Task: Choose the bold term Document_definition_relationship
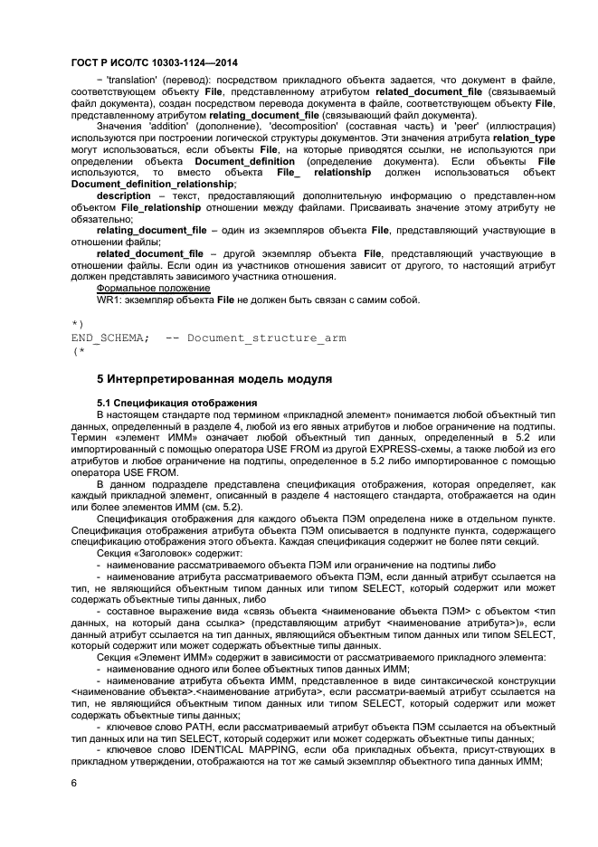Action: [x=151, y=184]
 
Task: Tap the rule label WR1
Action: [x=109, y=300]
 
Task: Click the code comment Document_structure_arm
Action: [x=266, y=338]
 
